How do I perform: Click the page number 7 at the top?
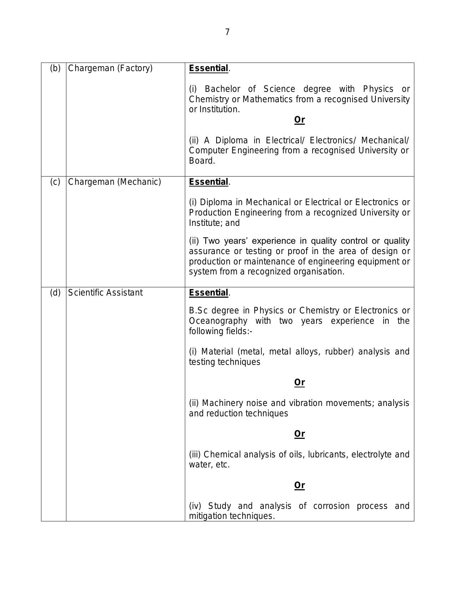click(x=227, y=32)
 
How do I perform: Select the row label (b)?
click(x=55, y=68)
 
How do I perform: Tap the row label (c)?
click(x=55, y=182)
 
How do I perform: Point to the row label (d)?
click(x=55, y=293)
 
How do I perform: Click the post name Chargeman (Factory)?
click(x=110, y=68)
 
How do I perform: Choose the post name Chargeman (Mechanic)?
click(x=115, y=182)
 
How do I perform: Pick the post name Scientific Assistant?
click(x=105, y=293)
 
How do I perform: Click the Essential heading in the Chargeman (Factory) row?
click(x=208, y=68)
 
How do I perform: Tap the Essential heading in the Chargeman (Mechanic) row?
click(x=208, y=182)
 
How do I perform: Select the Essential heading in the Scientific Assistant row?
click(x=208, y=293)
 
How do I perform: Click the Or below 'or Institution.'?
click(x=299, y=120)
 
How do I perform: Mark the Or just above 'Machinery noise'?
click(x=299, y=382)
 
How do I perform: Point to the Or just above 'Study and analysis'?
click(x=299, y=485)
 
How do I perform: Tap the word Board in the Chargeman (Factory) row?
click(x=202, y=161)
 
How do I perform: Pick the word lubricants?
click(x=328, y=455)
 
